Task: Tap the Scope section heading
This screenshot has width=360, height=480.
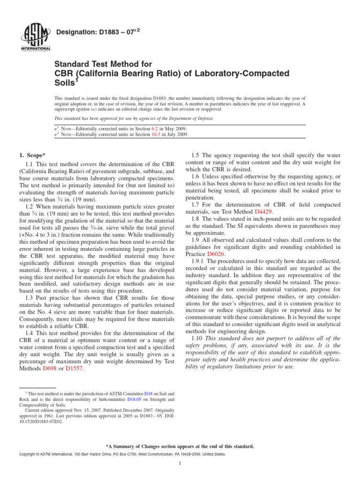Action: (x=33, y=155)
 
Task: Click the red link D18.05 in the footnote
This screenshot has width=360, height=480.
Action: (x=134, y=400)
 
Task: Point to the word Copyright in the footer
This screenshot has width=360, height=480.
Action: (x=29, y=455)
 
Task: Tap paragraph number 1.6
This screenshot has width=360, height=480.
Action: (x=196, y=176)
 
